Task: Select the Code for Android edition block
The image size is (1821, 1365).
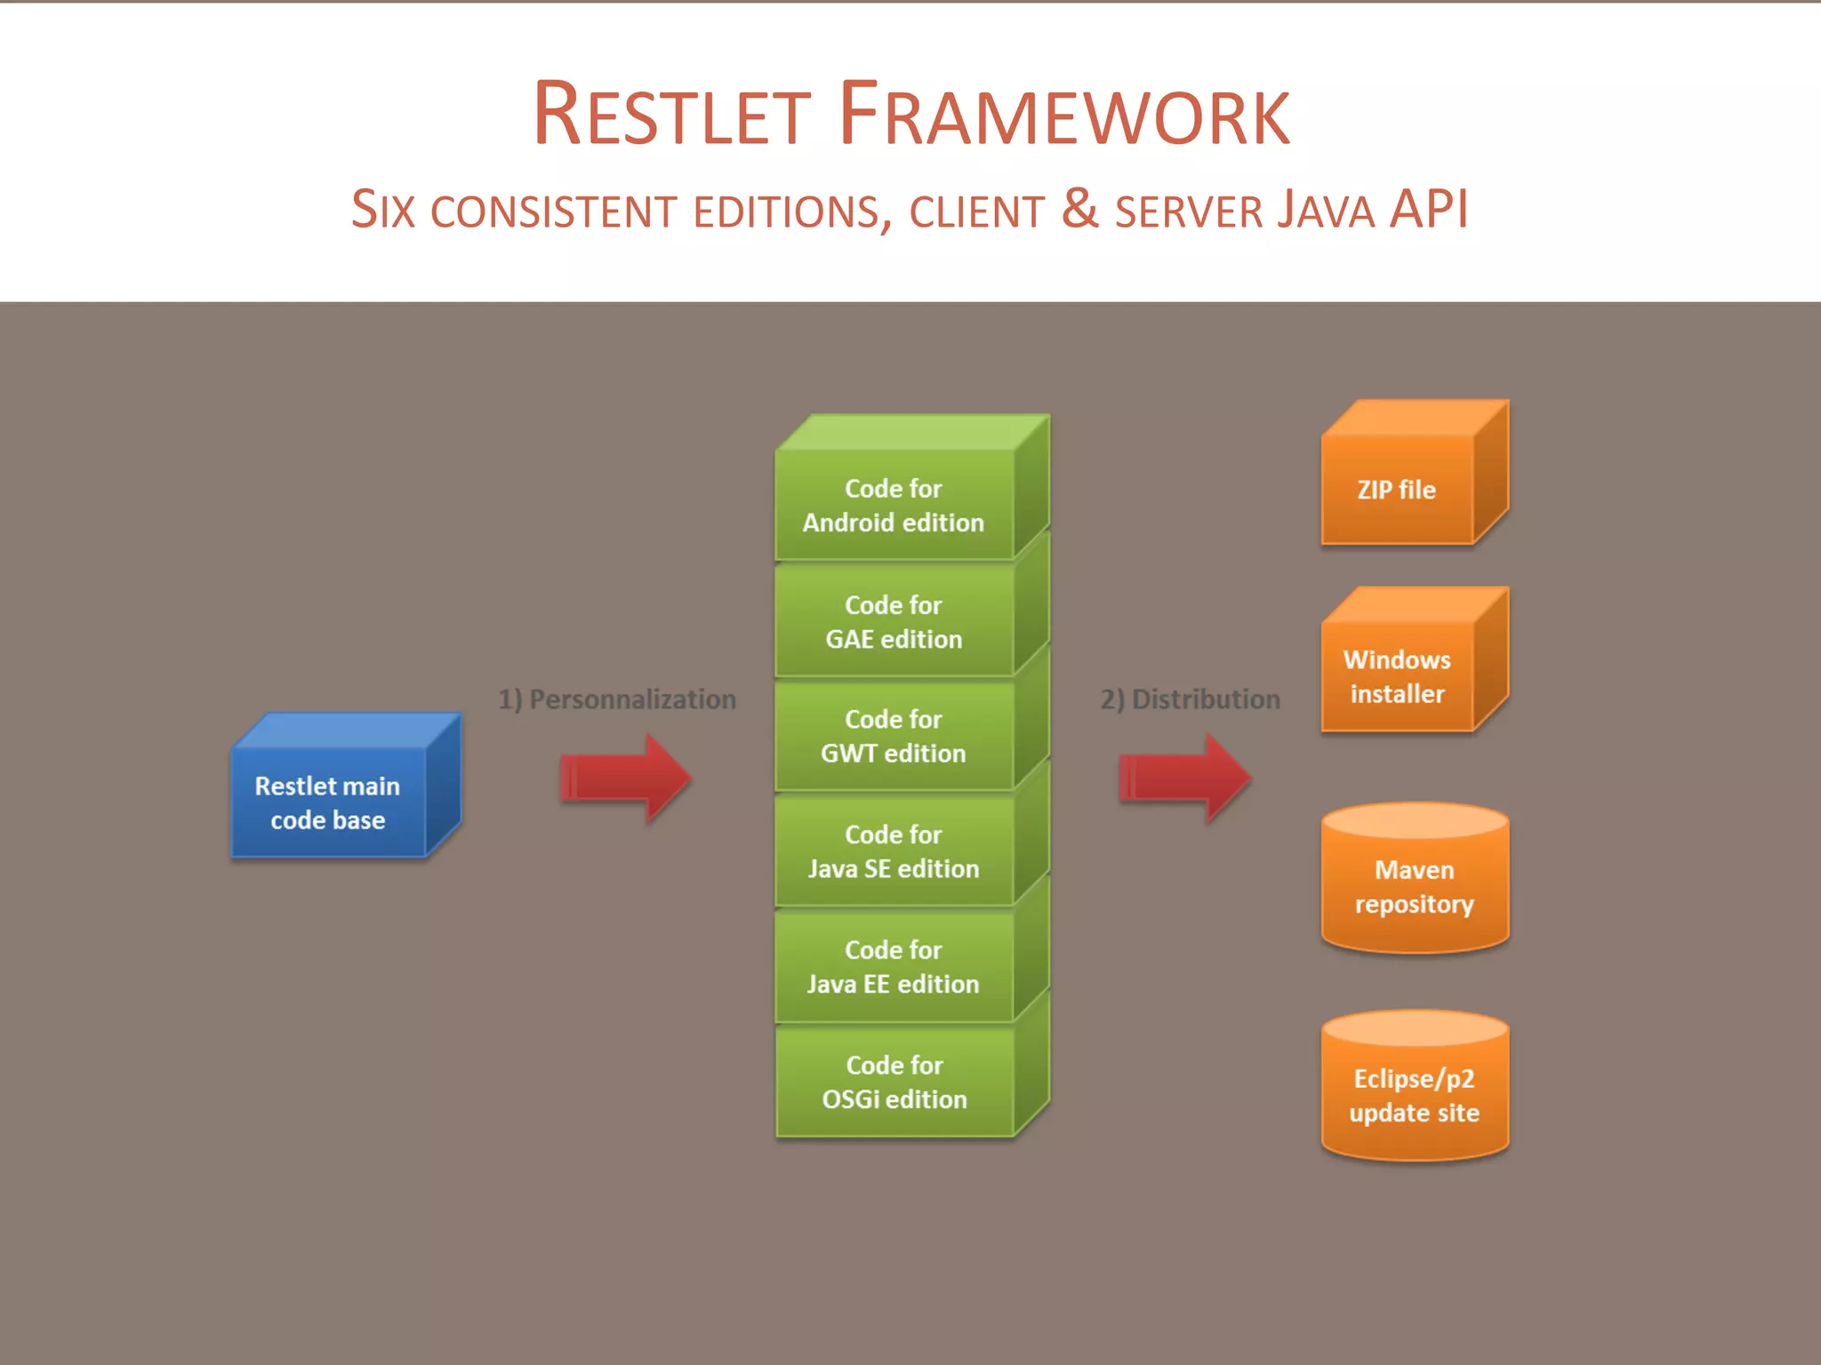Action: coord(894,505)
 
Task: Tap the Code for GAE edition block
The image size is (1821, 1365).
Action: coord(894,621)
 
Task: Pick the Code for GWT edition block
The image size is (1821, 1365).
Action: coord(894,736)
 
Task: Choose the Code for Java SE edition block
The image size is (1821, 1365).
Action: coord(894,851)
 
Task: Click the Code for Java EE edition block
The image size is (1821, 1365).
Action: coord(894,967)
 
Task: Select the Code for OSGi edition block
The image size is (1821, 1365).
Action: coord(894,1082)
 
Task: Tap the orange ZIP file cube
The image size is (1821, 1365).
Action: coord(1397,490)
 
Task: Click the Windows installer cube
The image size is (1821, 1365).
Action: coord(1397,676)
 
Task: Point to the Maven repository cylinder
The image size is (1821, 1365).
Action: coord(1414,886)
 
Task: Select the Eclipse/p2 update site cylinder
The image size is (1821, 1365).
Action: coord(1414,1095)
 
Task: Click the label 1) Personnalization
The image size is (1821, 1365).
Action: coord(617,699)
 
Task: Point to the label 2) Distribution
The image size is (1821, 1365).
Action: coord(1190,699)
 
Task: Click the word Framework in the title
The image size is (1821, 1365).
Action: coord(1063,116)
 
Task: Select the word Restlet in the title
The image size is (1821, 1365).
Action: coord(671,116)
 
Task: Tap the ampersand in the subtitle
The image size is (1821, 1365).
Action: coord(1079,208)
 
